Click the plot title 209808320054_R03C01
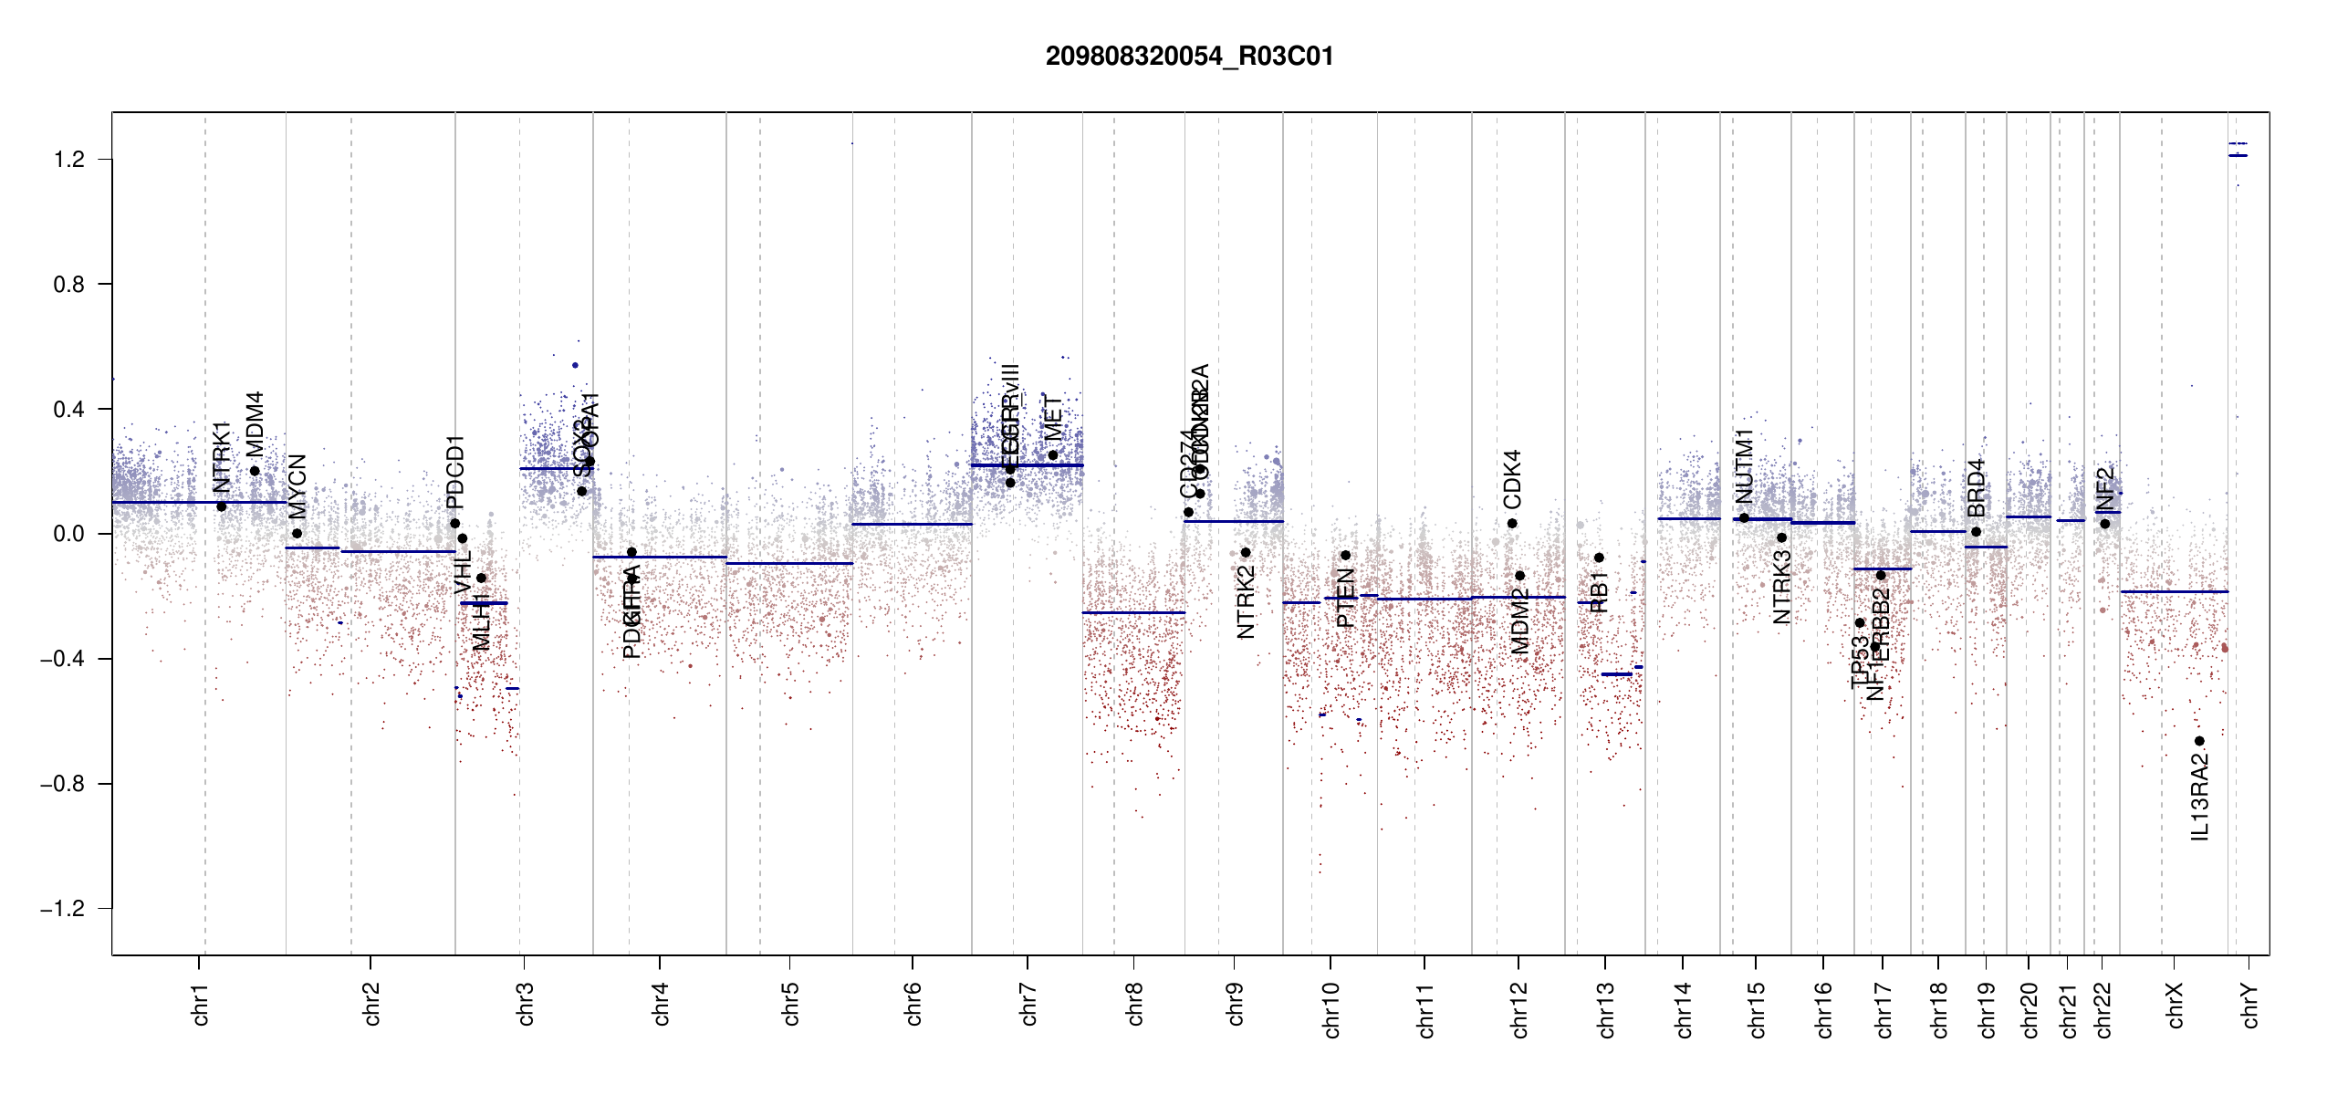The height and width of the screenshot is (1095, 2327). tap(1189, 57)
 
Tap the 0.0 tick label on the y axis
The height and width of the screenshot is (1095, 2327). tap(69, 534)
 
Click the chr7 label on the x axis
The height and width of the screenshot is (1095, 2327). tap(1028, 1004)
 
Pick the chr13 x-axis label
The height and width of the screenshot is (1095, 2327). tap(1606, 1009)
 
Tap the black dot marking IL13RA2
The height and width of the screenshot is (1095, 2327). tap(2199, 741)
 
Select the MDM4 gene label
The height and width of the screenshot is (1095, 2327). tap(255, 424)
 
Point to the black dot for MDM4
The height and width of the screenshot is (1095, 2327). tap(255, 471)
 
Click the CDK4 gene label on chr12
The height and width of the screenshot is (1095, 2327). tap(1512, 479)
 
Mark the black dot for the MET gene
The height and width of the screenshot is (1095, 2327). tap(1052, 455)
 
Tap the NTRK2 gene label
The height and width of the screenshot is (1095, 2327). tap(1246, 601)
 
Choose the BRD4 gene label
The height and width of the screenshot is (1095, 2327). tap(1976, 487)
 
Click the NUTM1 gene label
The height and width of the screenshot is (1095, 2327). tap(1744, 465)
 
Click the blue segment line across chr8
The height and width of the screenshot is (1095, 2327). tap(1133, 612)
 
